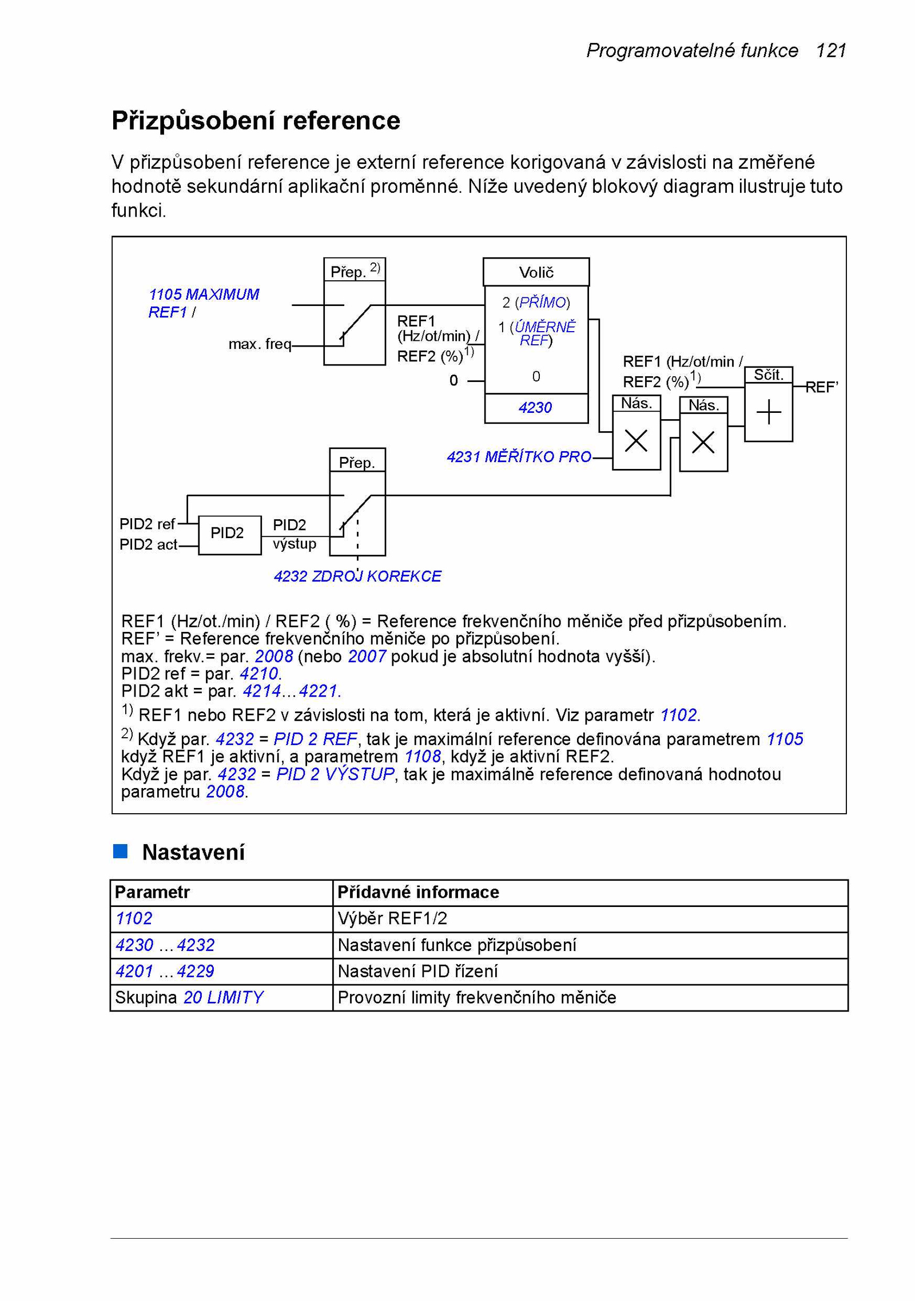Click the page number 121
(830, 51)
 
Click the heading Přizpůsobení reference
(256, 121)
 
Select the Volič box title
(536, 272)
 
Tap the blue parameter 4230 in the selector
(535, 408)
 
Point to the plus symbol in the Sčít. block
(768, 412)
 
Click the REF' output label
(822, 387)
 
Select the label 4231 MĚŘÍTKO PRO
(519, 457)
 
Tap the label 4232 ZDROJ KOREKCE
(357, 576)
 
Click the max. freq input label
(260, 344)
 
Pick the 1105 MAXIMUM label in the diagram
(204, 295)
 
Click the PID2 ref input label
(147, 524)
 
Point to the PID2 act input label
(148, 544)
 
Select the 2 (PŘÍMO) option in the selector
(536, 303)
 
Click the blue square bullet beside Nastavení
(120, 851)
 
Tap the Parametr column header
(152, 892)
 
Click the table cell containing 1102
(221, 918)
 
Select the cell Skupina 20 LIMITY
(221, 997)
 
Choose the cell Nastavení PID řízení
(590, 971)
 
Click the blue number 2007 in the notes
(367, 657)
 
